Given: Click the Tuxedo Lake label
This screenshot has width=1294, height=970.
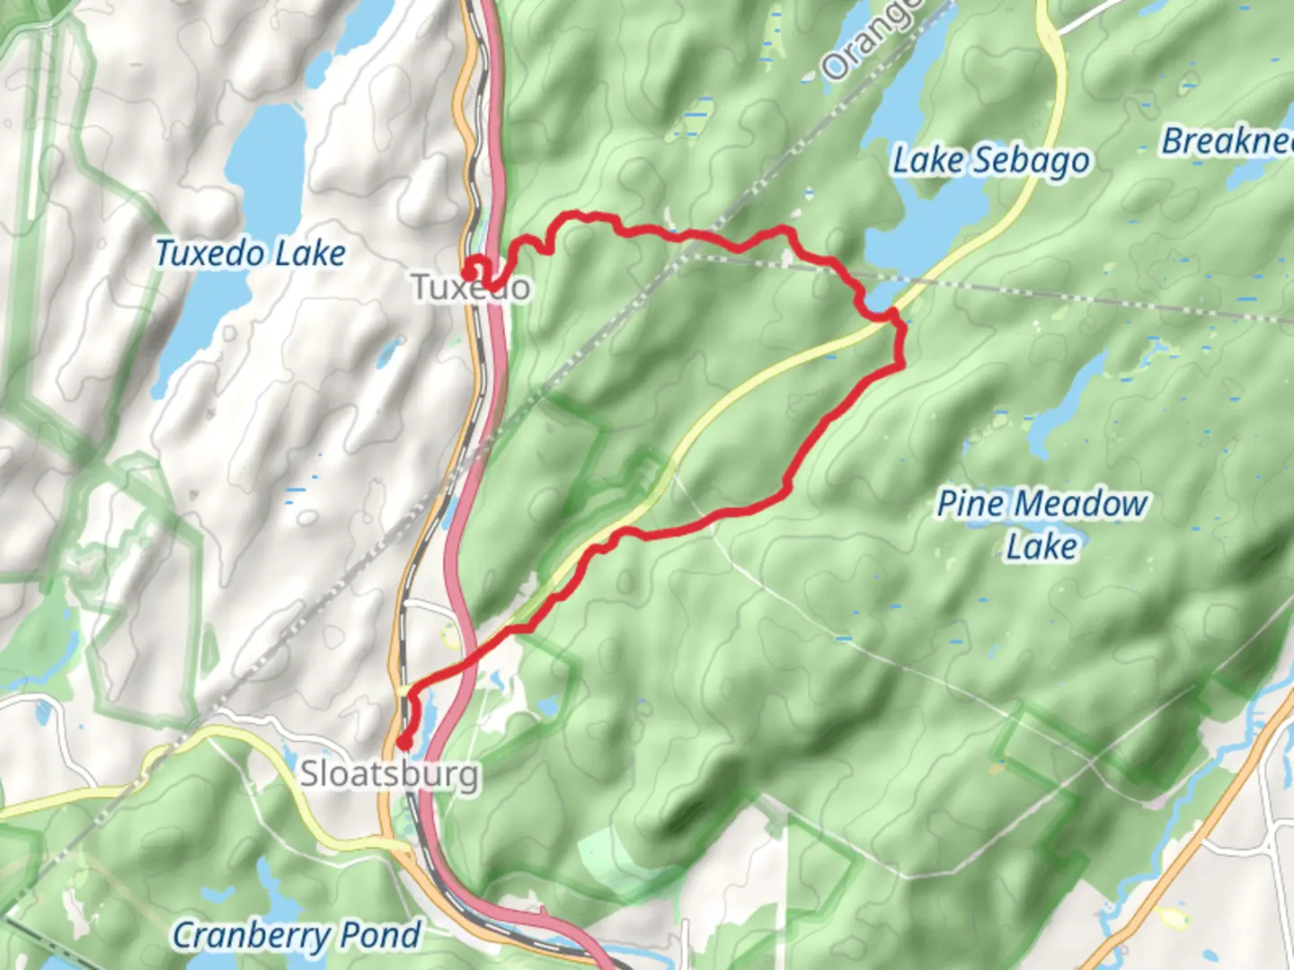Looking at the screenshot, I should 250,253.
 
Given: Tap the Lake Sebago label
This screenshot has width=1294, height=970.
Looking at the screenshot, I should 990,161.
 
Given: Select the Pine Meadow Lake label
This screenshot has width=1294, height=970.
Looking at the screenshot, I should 1041,524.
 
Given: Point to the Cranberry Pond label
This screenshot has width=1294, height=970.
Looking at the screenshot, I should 296,936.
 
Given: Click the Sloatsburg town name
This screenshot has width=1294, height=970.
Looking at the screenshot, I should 389,773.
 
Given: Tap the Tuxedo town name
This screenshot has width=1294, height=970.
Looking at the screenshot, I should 471,287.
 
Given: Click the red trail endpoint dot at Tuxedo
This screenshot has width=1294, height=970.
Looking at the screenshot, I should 470,268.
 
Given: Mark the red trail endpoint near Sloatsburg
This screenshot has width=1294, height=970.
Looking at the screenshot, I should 404,742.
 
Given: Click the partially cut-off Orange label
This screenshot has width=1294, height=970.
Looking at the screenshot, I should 870,40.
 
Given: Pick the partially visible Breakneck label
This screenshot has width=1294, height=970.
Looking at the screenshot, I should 1228,141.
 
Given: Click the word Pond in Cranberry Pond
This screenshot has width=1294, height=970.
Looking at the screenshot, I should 381,936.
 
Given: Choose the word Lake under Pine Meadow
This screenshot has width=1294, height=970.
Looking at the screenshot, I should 1041,546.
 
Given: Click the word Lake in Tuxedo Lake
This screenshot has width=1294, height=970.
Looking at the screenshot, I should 310,253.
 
